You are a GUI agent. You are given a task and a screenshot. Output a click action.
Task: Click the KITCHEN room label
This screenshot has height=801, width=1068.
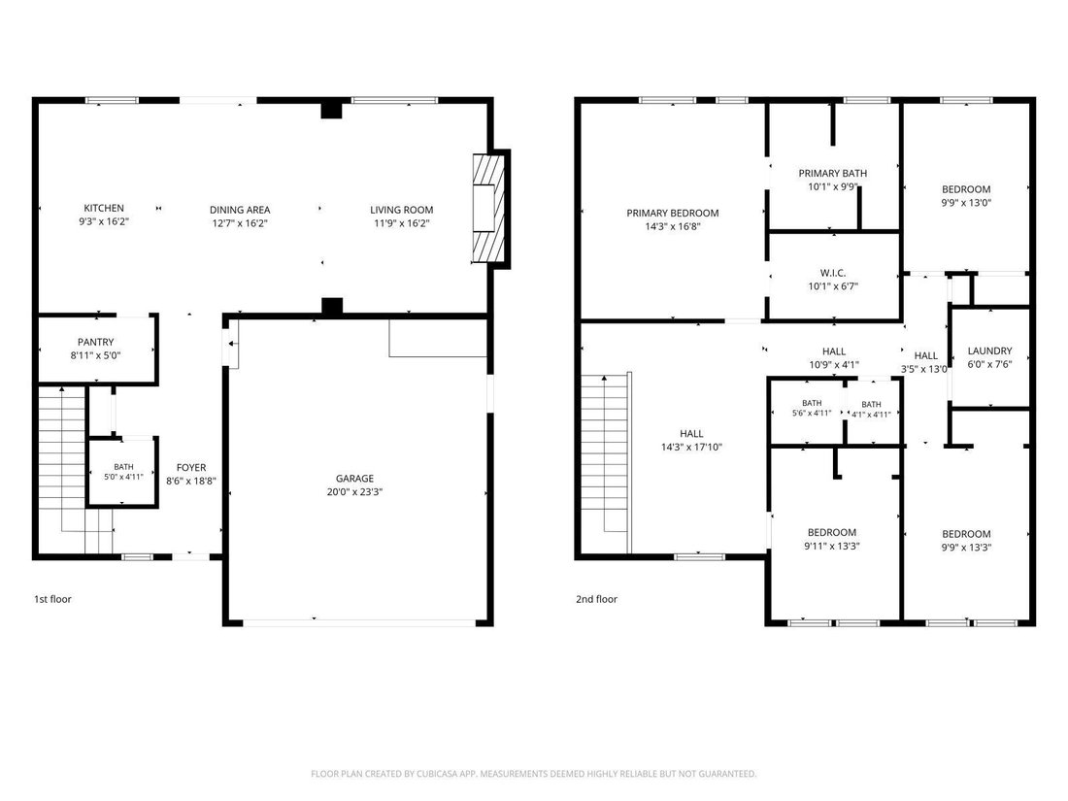tap(104, 208)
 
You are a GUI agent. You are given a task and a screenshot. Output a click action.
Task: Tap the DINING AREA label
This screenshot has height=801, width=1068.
tap(240, 210)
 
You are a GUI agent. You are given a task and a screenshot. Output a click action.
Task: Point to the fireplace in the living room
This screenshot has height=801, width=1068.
tap(490, 209)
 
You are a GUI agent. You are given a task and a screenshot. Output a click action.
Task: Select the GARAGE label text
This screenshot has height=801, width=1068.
tap(354, 478)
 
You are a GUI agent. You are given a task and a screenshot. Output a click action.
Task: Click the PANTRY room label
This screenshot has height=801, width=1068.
tap(95, 342)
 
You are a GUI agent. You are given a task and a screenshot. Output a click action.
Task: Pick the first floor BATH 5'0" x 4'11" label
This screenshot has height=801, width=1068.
tap(123, 471)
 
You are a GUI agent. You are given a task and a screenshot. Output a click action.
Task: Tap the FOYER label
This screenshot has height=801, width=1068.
tap(191, 467)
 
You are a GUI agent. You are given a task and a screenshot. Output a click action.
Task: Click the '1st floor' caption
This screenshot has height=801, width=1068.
tap(52, 599)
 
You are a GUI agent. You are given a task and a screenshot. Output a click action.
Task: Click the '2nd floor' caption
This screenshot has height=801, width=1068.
tap(597, 599)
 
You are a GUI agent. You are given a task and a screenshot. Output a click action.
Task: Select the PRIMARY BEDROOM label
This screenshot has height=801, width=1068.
tap(673, 214)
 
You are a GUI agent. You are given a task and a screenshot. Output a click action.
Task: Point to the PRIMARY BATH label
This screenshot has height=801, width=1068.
tap(833, 173)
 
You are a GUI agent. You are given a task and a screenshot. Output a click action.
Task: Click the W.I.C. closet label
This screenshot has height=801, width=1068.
tap(833, 273)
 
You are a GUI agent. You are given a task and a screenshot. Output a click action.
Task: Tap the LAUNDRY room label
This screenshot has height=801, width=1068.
tap(989, 350)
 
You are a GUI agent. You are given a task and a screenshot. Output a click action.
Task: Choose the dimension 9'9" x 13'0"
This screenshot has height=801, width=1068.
tap(966, 202)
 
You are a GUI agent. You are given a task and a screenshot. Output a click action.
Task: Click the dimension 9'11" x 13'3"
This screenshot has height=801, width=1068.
tap(832, 546)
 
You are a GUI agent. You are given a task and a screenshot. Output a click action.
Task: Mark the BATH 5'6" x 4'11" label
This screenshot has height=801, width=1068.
tap(812, 408)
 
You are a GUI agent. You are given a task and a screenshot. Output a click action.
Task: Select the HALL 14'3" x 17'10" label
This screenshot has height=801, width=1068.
tap(691, 440)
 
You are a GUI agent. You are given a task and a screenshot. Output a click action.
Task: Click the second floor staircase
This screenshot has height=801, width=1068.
tap(605, 463)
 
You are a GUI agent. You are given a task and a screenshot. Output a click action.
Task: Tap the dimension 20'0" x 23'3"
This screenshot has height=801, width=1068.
tap(354, 492)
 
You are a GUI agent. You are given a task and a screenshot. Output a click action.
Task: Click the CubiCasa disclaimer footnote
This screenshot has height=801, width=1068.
tap(533, 774)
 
